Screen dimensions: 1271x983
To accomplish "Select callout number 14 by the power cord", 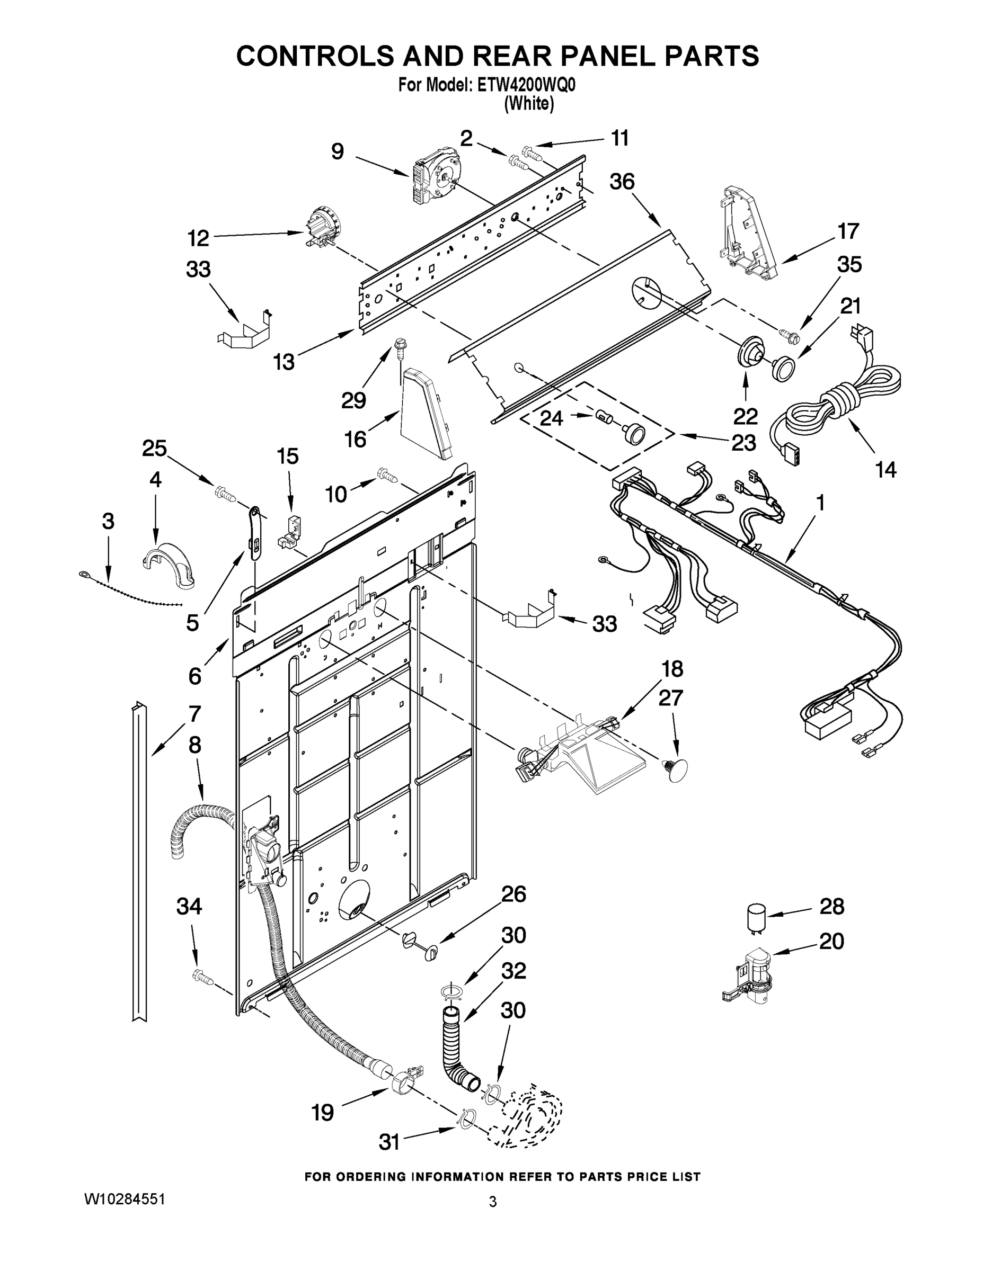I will [x=885, y=469].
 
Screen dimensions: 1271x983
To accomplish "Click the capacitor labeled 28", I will [x=757, y=918].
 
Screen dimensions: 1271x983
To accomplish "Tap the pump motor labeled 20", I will [x=751, y=975].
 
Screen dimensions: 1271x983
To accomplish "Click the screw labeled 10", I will [x=388, y=476].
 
